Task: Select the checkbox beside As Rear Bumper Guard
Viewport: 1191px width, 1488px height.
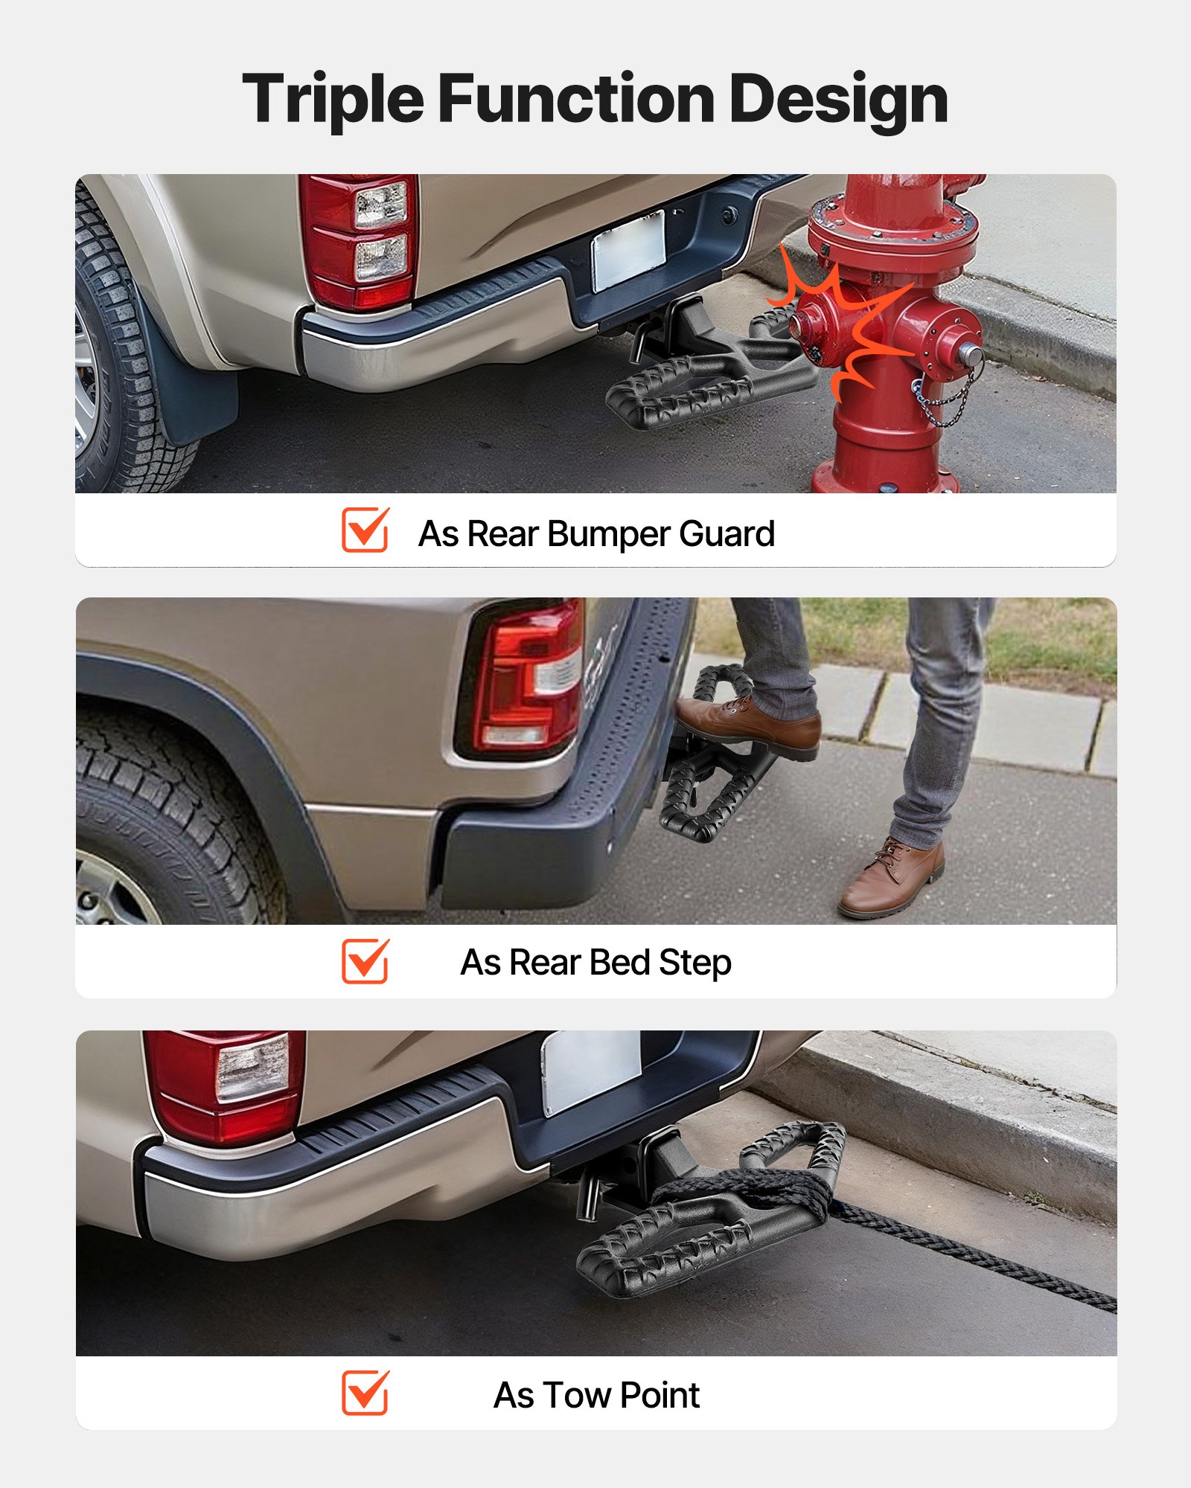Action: [x=365, y=530]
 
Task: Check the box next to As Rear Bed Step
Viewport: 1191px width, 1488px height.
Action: [x=365, y=961]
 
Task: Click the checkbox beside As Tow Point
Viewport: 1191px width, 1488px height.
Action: [x=365, y=1393]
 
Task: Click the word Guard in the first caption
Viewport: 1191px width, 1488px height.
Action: [x=727, y=533]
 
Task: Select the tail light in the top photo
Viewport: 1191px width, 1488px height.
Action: [x=360, y=240]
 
